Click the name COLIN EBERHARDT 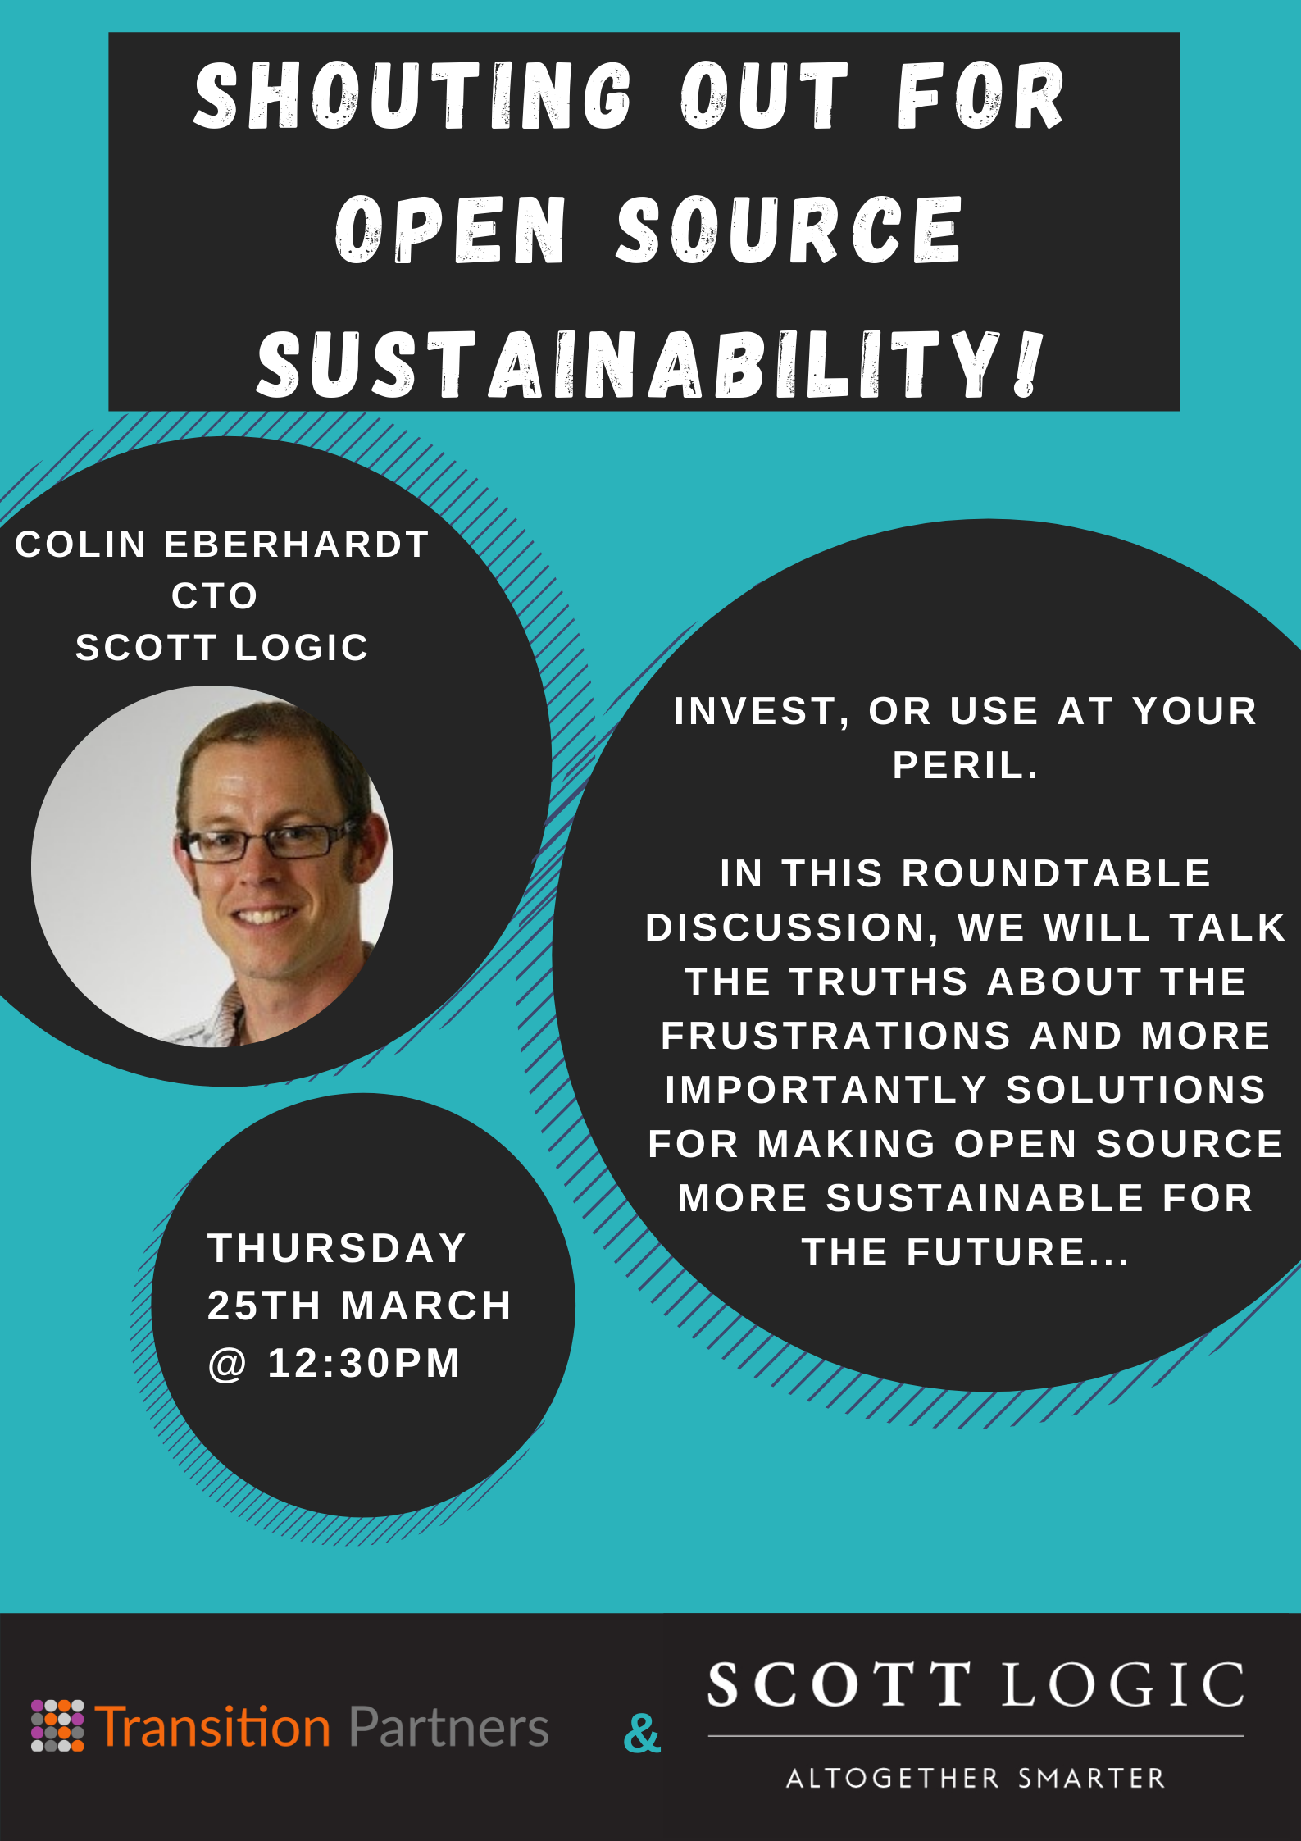point(222,545)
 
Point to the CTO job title point(215,596)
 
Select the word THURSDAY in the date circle point(337,1248)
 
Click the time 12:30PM point(364,1363)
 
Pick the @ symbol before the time point(227,1365)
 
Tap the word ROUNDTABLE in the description point(1056,873)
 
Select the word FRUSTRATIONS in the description point(836,1036)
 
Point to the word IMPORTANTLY point(826,1090)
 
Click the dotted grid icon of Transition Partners point(57,1725)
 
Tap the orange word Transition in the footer point(213,1725)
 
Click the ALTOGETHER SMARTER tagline point(976,1778)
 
